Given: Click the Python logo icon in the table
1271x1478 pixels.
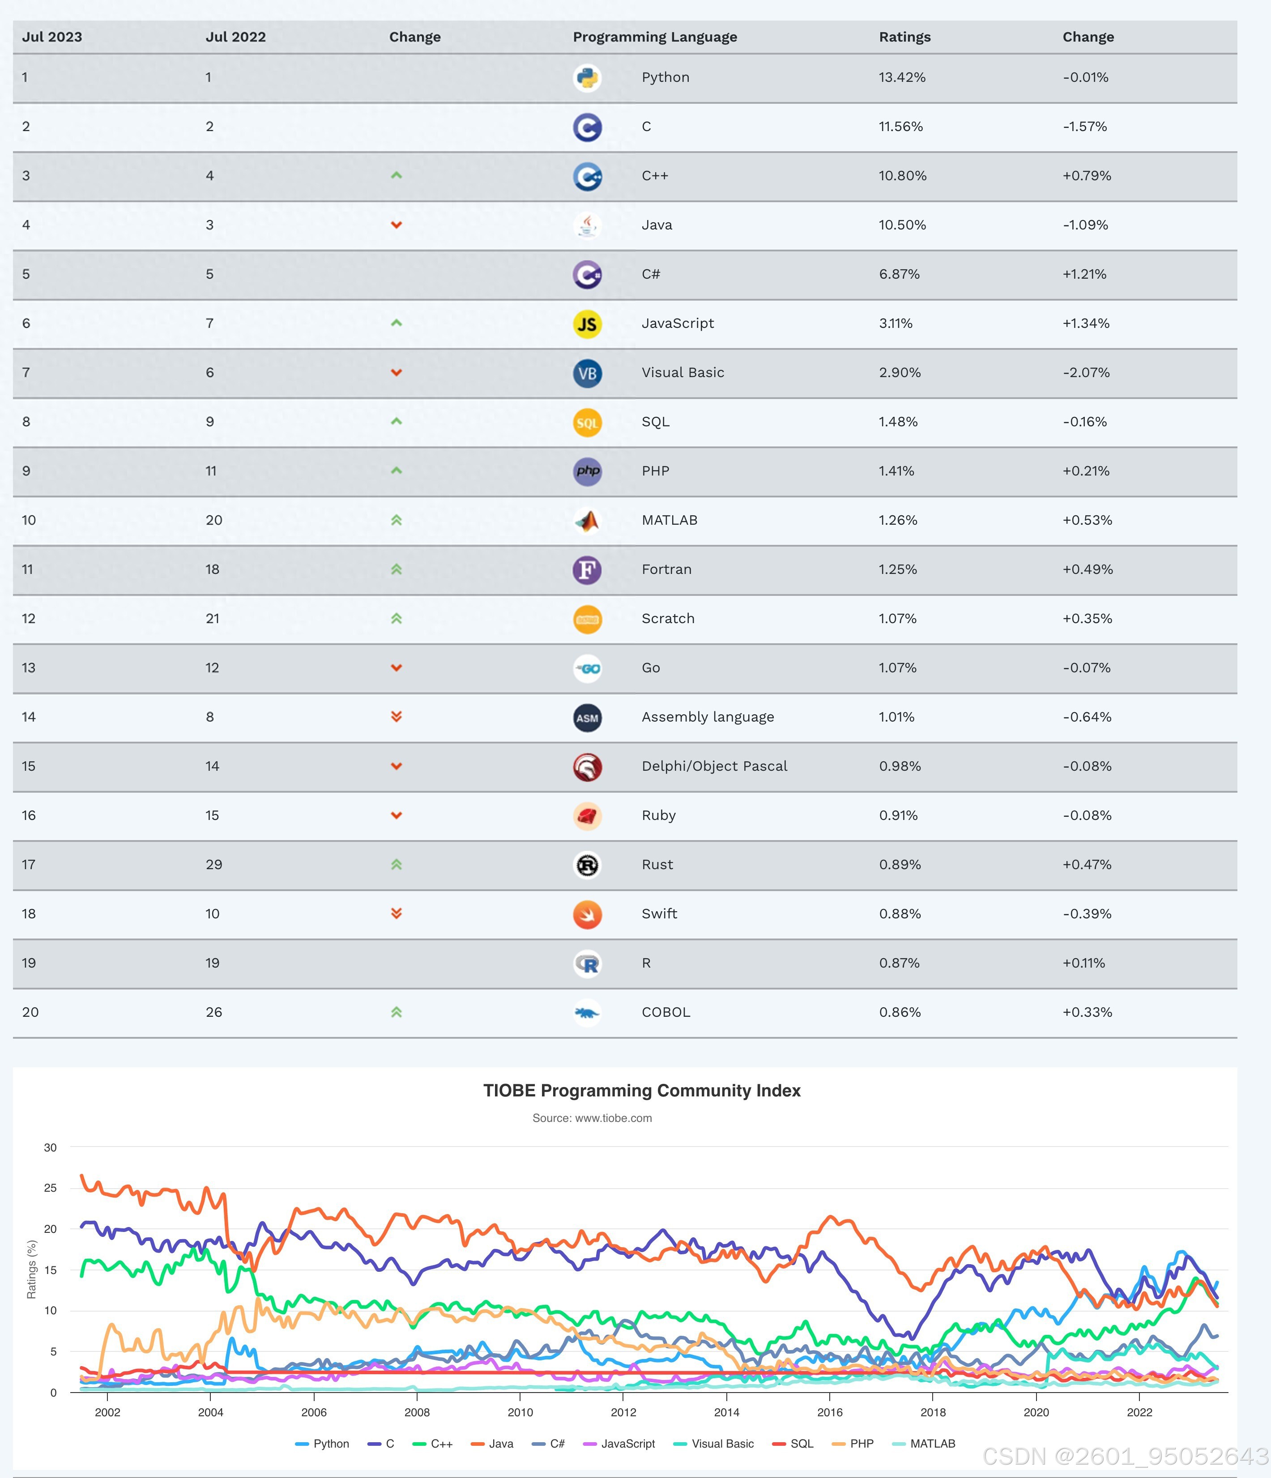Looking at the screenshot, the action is [x=587, y=78].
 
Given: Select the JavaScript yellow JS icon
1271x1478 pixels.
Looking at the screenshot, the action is [x=587, y=324].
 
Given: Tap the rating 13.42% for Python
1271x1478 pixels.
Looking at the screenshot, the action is [x=902, y=77].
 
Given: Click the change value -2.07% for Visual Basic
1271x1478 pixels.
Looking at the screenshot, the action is [x=1086, y=372].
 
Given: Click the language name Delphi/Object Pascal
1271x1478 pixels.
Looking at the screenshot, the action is [x=714, y=766].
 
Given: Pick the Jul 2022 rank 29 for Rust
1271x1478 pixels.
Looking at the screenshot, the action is [x=214, y=865].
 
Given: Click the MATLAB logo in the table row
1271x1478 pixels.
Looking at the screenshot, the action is [x=587, y=521].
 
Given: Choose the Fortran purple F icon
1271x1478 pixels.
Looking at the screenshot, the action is [x=587, y=570].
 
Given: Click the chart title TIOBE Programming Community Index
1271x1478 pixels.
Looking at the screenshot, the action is [x=642, y=1091].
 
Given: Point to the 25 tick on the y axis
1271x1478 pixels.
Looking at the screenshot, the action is [x=50, y=1188].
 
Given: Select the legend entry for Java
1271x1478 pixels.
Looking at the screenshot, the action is [x=492, y=1444].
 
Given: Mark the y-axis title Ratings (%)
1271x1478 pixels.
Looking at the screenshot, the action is [x=31, y=1270].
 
